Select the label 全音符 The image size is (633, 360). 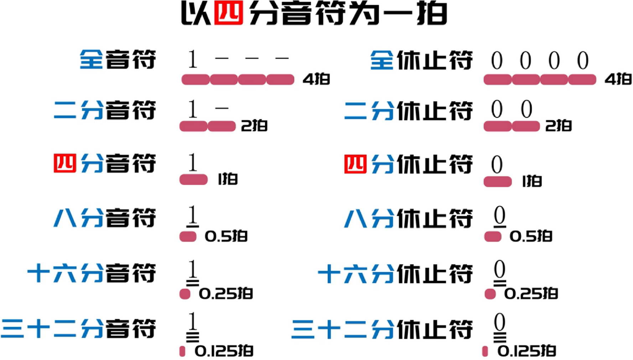118,59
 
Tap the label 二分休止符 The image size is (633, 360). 409,110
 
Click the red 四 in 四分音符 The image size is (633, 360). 65,164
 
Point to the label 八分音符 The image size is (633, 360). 105,218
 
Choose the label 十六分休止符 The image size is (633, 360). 395,274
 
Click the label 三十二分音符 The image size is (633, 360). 78,328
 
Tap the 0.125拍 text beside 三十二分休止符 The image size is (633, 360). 527,351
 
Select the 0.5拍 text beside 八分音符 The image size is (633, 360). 226,236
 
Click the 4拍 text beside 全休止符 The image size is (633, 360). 618,79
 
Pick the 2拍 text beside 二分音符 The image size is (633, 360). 254,126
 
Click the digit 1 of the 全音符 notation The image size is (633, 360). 192,59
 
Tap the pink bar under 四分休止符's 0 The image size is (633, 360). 498,182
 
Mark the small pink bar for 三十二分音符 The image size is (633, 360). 182,351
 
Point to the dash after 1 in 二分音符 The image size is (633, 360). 222,108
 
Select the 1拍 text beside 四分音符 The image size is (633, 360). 227,179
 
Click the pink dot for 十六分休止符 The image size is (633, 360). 490,294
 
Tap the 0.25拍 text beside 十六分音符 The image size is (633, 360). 226,294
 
